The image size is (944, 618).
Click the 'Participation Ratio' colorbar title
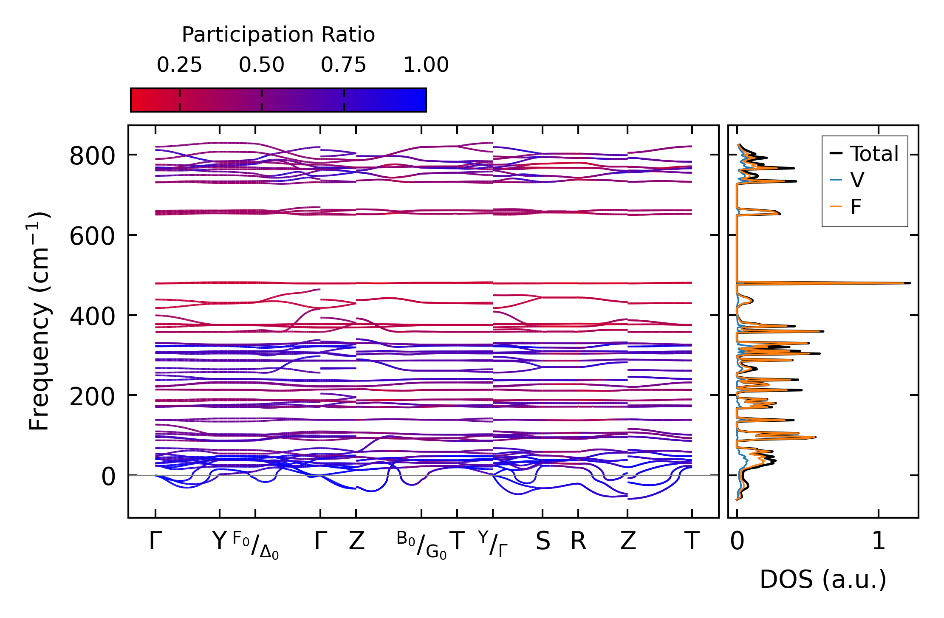point(278,34)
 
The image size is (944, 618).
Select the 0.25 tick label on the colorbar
point(179,65)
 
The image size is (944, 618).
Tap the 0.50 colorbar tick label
point(261,65)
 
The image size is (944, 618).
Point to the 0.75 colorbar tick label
point(343,65)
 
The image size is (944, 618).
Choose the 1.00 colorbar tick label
point(426,65)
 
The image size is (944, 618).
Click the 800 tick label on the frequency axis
point(92,156)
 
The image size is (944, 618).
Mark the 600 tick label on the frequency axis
point(92,236)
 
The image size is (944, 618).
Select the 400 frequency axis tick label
point(92,316)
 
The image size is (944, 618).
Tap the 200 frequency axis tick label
point(92,397)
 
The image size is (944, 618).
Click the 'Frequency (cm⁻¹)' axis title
point(39,321)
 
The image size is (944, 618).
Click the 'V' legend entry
point(857,180)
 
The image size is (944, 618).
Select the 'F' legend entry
point(856,207)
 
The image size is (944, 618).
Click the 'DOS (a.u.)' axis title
point(823,579)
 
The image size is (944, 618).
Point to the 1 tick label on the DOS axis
point(879,541)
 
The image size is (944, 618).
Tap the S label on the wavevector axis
point(543,541)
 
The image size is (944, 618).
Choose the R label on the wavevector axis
point(578,541)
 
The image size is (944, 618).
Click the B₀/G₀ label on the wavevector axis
point(421,544)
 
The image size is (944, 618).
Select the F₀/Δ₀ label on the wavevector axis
point(255,545)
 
